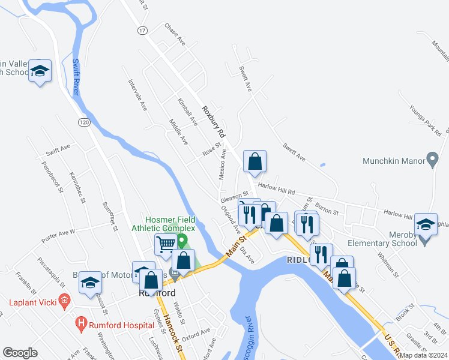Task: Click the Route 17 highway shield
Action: (142, 29)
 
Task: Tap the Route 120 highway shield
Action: (85, 122)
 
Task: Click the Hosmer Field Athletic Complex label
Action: (170, 223)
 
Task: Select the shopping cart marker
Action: (165, 244)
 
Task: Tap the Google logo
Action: (20, 353)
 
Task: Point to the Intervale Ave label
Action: (137, 95)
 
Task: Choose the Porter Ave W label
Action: (58, 235)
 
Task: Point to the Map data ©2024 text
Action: (423, 355)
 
